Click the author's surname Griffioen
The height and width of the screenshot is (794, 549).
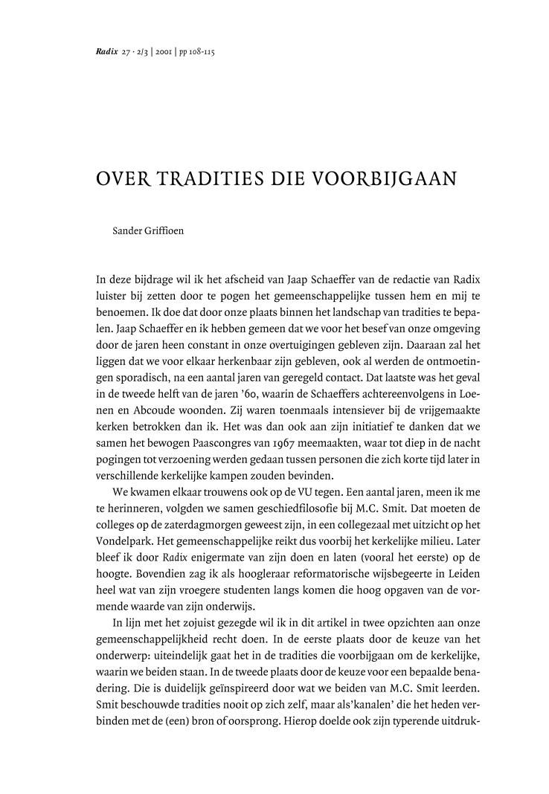tap(163, 230)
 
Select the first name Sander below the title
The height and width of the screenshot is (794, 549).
tap(126, 230)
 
